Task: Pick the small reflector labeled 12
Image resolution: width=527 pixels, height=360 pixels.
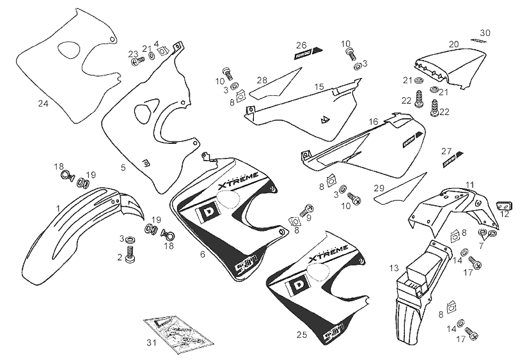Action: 505,206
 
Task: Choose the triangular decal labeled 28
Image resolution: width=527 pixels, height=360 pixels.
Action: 275,85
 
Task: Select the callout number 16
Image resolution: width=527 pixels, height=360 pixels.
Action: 374,121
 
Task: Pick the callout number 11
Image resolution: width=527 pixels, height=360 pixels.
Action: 469,185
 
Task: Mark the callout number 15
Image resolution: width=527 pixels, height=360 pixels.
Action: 319,86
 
